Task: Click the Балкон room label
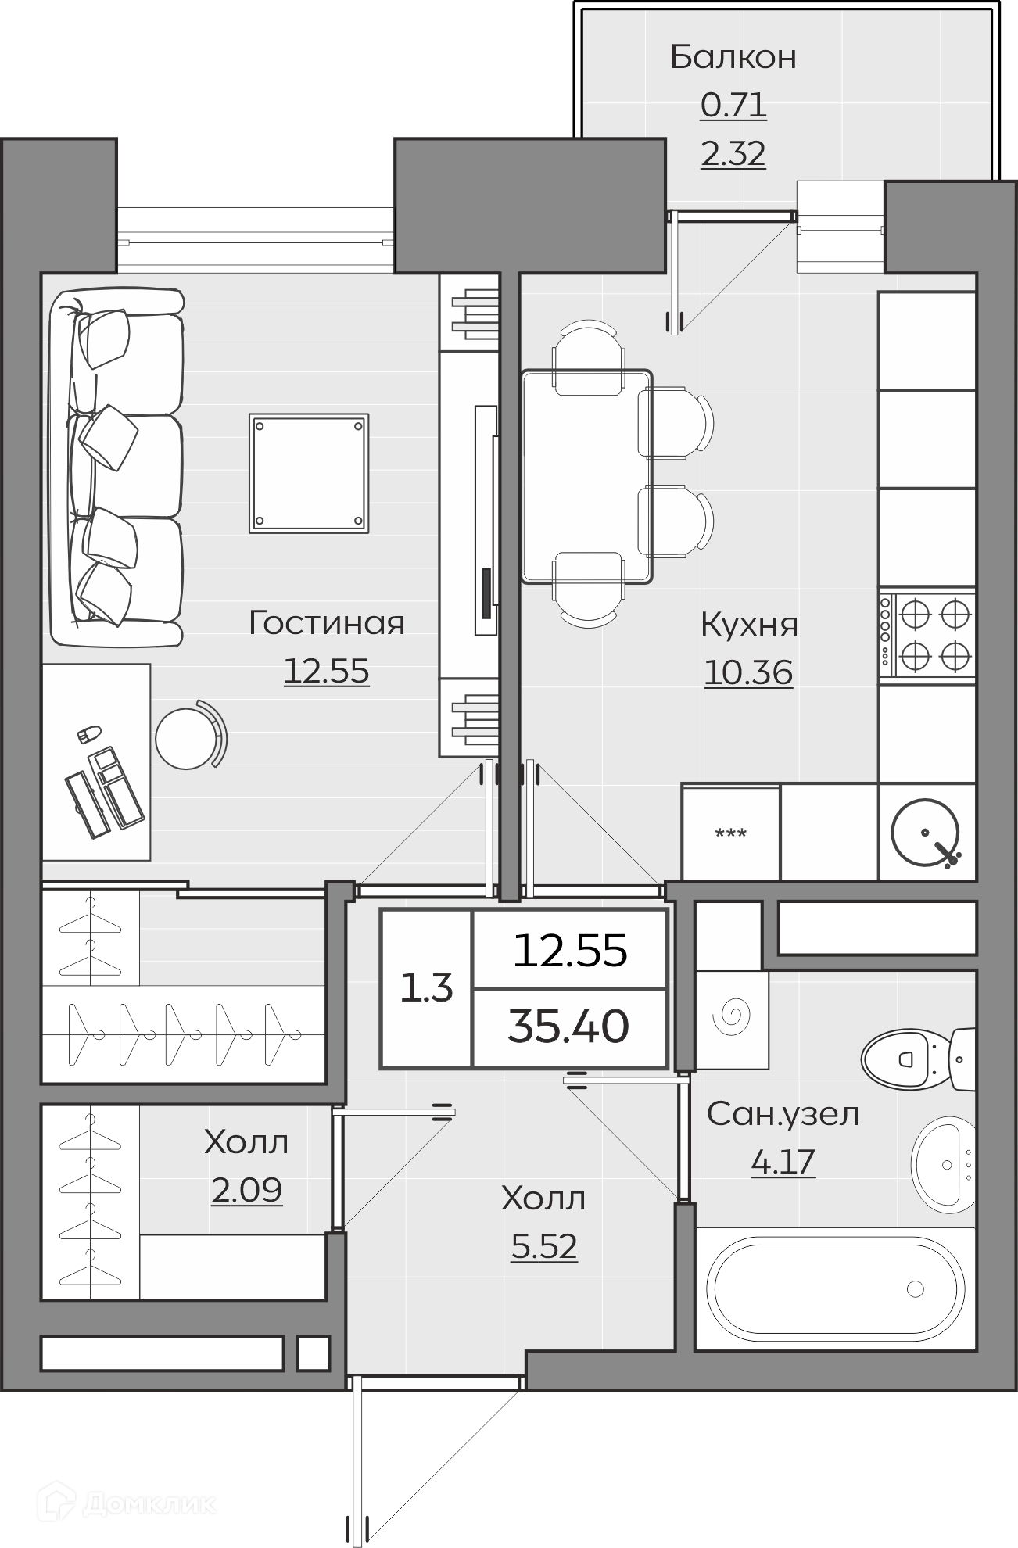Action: click(x=733, y=57)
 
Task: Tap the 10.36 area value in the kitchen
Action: click(x=748, y=672)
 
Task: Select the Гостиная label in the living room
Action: click(x=327, y=623)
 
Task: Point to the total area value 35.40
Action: click(x=568, y=1026)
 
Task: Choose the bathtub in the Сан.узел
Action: click(x=834, y=1288)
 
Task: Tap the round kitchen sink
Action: click(x=927, y=832)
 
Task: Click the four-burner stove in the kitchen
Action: click(x=927, y=635)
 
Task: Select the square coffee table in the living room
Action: click(x=309, y=473)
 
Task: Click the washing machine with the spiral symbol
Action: click(x=733, y=1019)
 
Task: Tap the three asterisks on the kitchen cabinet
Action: click(x=731, y=833)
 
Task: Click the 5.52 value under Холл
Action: click(x=543, y=1246)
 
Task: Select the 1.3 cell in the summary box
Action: click(x=426, y=989)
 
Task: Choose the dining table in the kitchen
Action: click(x=587, y=477)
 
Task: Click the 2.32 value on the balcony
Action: click(x=733, y=154)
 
